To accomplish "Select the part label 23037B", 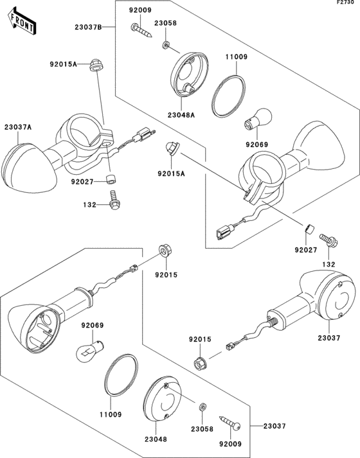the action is (x=88, y=28).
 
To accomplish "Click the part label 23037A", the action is (x=18, y=127).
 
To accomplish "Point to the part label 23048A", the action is (x=181, y=115).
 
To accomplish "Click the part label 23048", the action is (x=156, y=439).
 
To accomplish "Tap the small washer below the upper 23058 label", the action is (x=166, y=45).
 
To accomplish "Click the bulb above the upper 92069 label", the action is (x=258, y=119).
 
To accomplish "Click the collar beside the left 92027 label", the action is (x=110, y=179).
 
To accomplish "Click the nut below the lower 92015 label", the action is (x=200, y=364).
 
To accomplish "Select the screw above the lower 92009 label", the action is (x=230, y=423).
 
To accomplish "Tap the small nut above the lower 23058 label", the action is (x=203, y=407).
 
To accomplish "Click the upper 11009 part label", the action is (x=237, y=57).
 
